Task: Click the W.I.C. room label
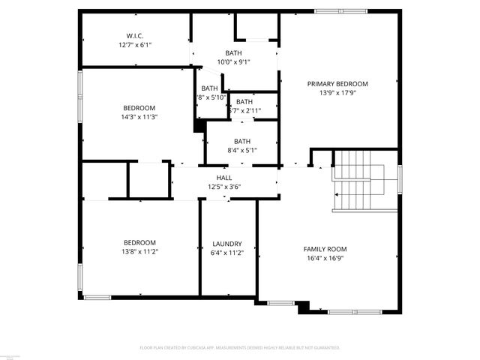click(135, 35)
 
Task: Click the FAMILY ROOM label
click(325, 248)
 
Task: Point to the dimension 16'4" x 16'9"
click(325, 258)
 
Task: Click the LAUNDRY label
click(226, 244)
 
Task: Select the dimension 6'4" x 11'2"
click(226, 253)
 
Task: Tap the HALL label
click(223, 178)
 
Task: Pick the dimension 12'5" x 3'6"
click(223, 187)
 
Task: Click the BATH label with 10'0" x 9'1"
click(234, 52)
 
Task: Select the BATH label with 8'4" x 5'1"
click(241, 141)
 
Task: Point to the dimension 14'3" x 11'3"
click(139, 117)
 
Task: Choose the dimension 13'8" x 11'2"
click(140, 252)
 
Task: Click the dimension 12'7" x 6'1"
click(135, 45)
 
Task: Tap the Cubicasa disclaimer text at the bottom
click(240, 348)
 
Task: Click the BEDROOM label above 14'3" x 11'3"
click(139, 107)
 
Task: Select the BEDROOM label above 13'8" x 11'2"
click(140, 242)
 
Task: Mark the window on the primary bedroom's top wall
click(340, 11)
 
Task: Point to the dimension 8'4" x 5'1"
click(241, 150)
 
